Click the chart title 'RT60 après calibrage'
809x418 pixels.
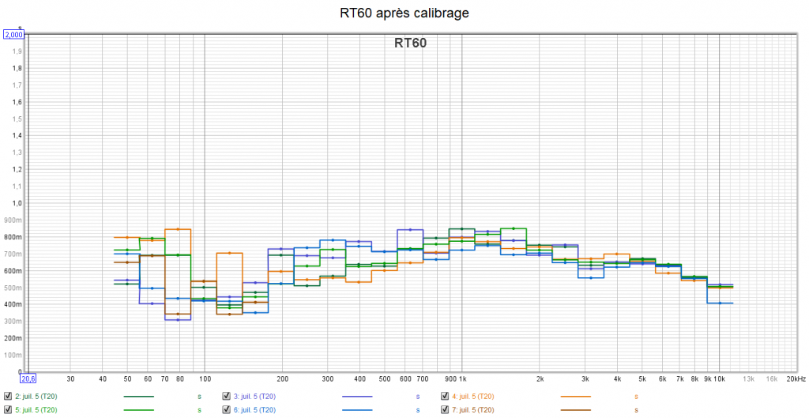404,13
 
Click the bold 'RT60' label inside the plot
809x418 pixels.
410,43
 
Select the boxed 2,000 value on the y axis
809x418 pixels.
14,35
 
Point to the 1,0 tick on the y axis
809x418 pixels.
17,203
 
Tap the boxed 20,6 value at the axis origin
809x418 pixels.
27,378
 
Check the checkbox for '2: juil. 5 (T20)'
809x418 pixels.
8,396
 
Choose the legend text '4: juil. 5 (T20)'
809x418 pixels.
472,396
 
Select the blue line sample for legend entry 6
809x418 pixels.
357,410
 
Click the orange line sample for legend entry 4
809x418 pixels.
576,396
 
